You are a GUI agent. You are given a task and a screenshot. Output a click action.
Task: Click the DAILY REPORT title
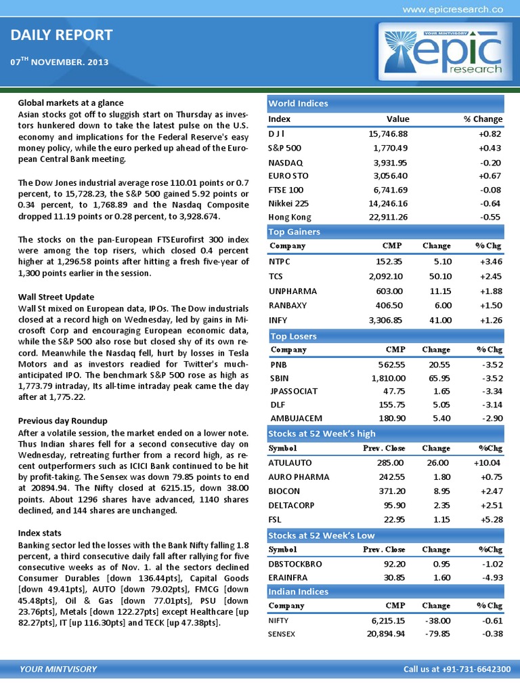(62, 35)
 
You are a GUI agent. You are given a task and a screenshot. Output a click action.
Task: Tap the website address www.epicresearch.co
(452, 9)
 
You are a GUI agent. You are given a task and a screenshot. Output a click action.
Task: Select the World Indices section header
(299, 103)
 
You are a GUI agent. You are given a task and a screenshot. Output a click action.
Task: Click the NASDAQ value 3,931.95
(388, 163)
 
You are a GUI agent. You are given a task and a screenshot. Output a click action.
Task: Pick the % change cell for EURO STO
(490, 176)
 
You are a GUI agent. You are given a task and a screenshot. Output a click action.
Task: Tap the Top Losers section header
(293, 336)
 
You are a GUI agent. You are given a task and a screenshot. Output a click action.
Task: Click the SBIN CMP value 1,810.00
(386, 377)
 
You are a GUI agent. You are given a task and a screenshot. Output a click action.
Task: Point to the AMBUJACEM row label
(296, 418)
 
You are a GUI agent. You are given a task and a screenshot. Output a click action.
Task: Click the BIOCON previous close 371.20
(389, 491)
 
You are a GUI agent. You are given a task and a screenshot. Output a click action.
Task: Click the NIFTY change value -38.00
(436, 619)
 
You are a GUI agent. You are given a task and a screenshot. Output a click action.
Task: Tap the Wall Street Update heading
(56, 297)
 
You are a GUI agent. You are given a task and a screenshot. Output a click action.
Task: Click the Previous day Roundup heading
(62, 420)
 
